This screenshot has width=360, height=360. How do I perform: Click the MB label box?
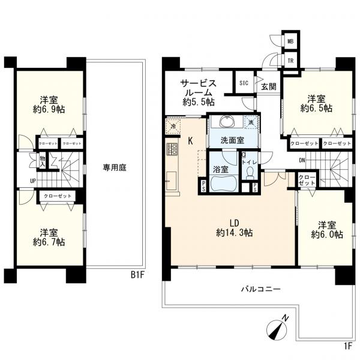[x=290, y=41]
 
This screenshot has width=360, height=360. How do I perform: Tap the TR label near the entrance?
[x=290, y=61]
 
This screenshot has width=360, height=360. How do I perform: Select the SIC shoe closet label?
[x=244, y=83]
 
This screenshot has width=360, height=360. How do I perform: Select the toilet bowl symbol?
[x=250, y=173]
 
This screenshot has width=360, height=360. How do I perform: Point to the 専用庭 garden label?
[x=113, y=169]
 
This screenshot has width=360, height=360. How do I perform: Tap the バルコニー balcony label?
[x=257, y=289]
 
